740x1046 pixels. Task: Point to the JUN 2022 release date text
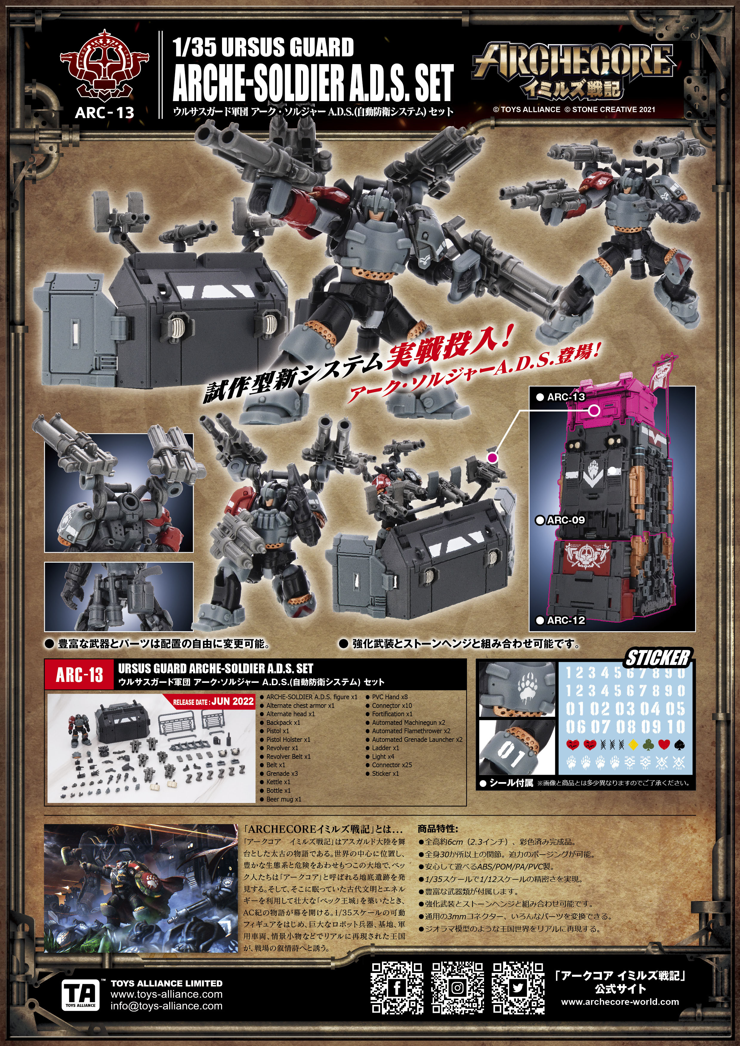232,701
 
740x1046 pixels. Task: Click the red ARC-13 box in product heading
79,675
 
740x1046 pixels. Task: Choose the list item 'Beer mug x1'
283,799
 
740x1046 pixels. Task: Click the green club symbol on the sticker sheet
648,745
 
